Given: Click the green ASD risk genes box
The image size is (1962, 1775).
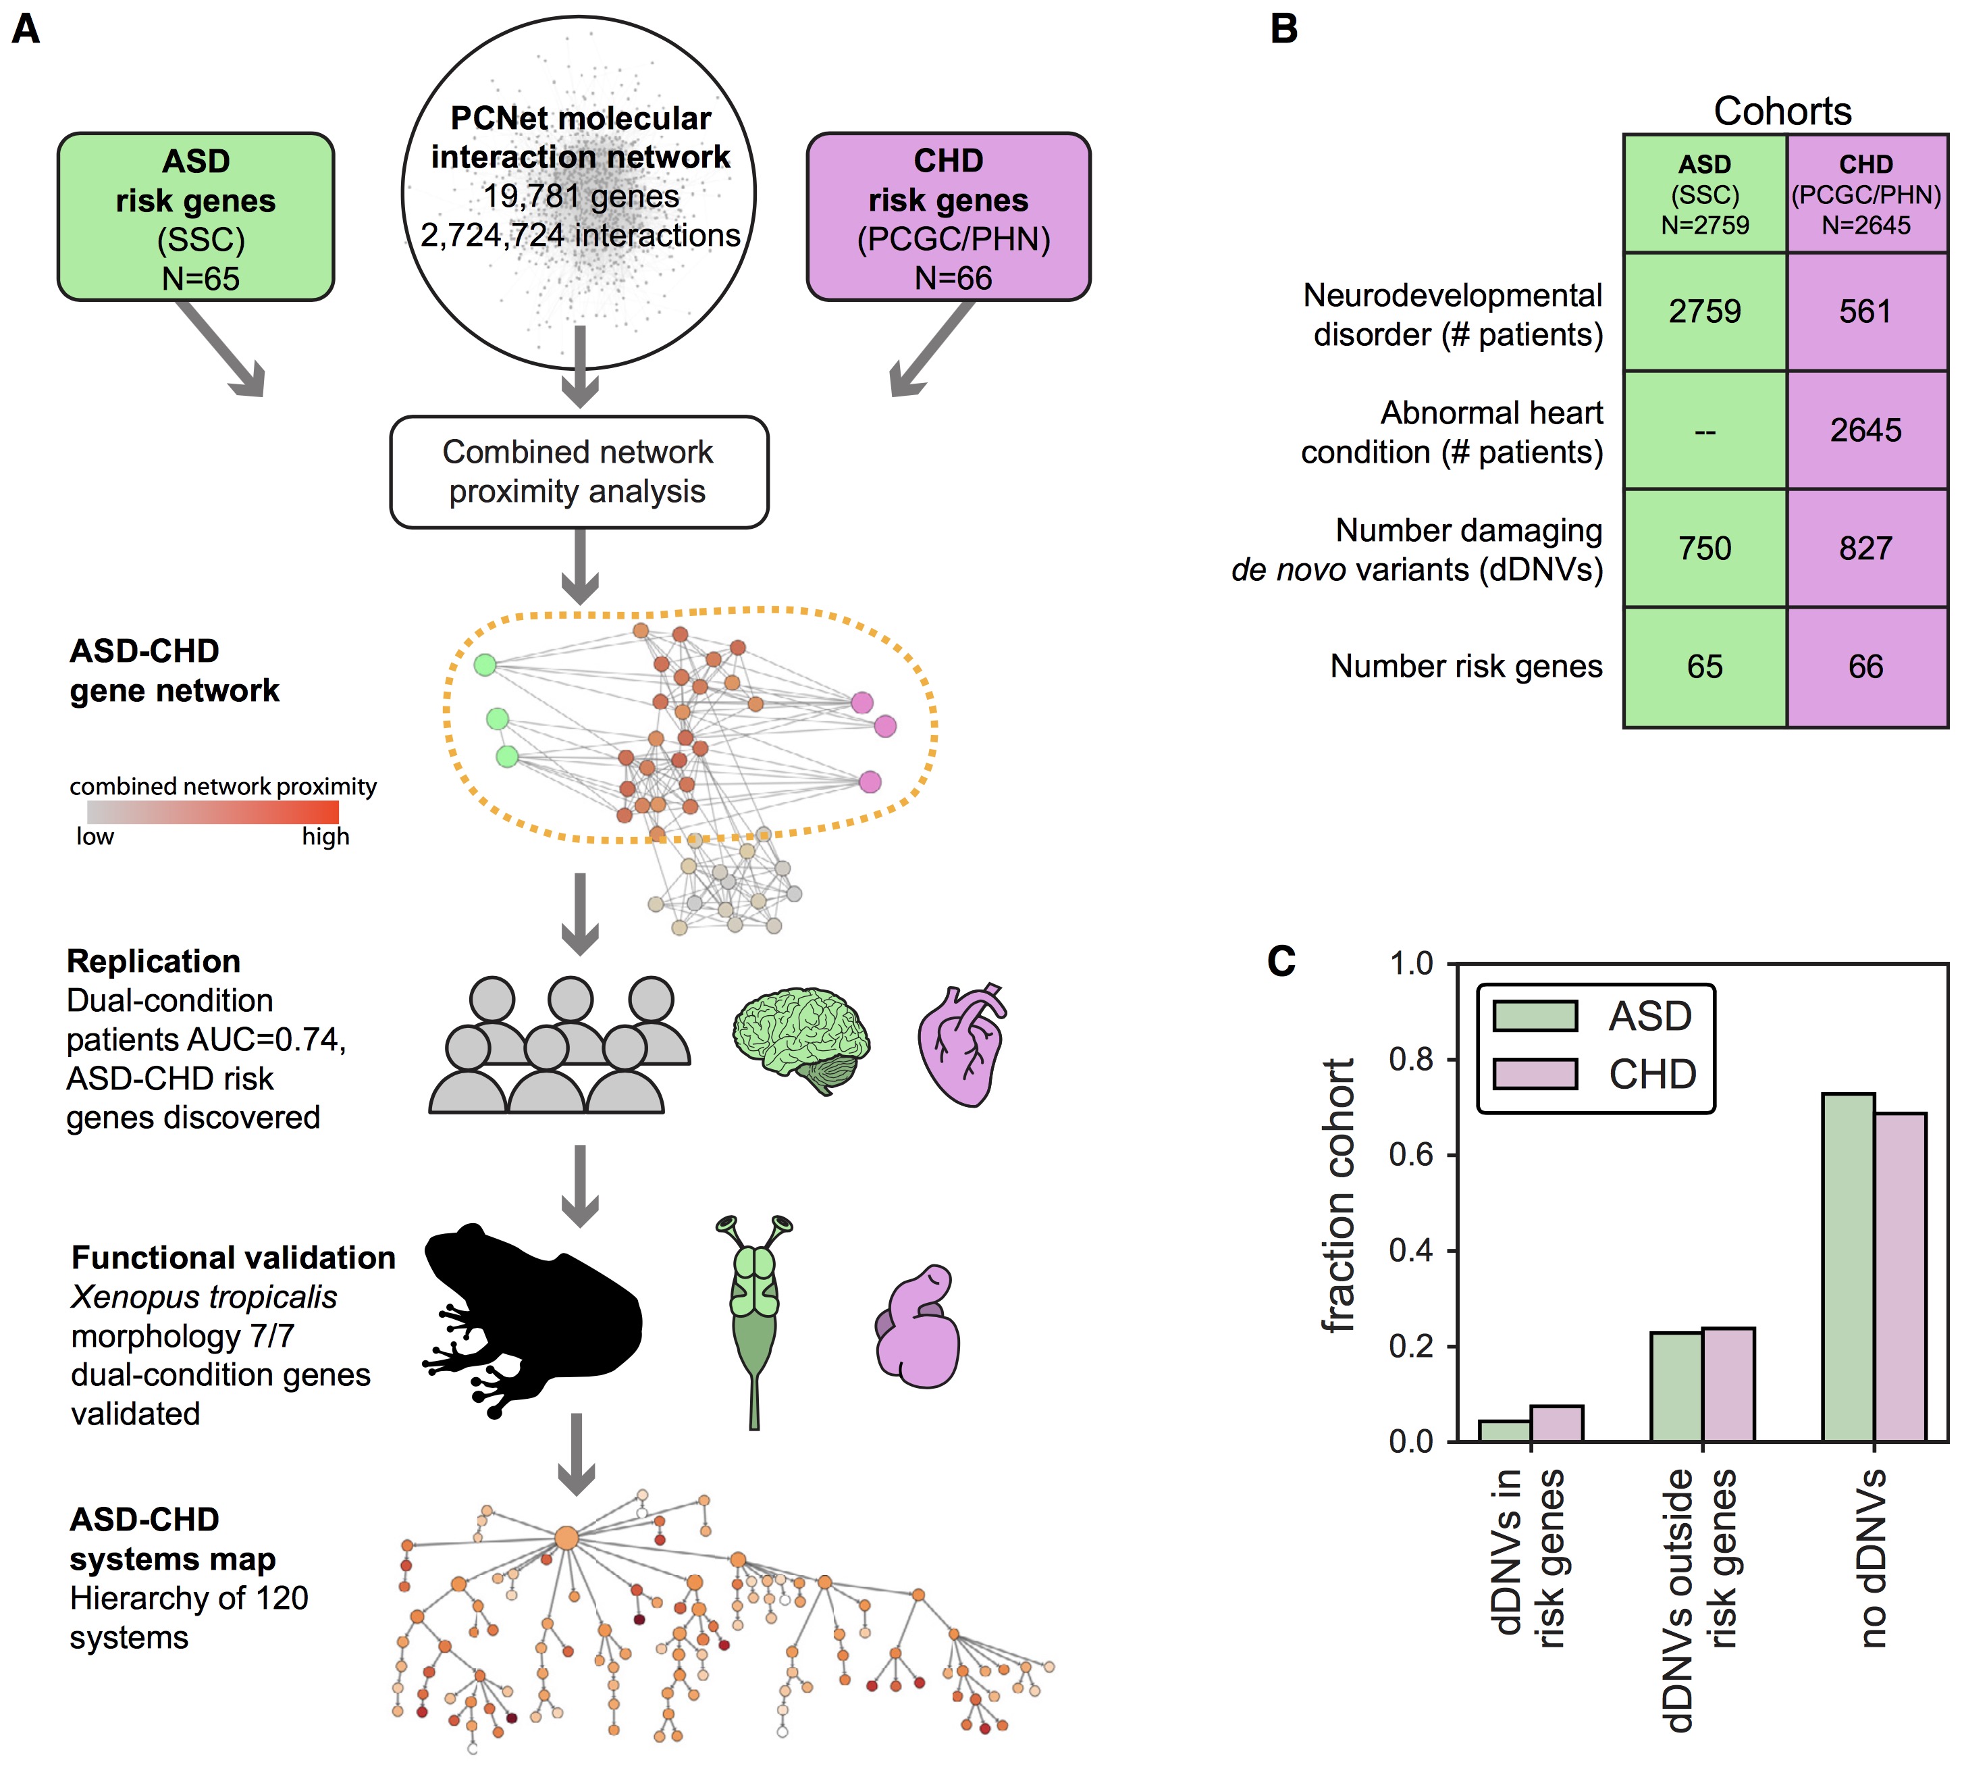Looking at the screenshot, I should [x=196, y=217].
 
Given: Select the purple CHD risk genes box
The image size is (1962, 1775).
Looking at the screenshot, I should [x=948, y=217].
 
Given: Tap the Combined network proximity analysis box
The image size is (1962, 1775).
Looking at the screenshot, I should [x=579, y=472].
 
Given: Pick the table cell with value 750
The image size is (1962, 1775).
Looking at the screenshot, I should [x=1704, y=548].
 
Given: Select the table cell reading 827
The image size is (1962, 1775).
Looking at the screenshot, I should [x=1865, y=548].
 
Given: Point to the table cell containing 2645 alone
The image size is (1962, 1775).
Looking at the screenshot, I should [x=1865, y=430].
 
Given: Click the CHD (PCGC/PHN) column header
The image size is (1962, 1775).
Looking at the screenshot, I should [x=1865, y=195].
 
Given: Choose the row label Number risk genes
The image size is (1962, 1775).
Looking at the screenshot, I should [x=1466, y=666].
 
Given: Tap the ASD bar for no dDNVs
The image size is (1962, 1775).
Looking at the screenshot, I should [x=1848, y=1266].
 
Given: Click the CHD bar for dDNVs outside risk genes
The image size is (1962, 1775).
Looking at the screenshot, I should [x=1728, y=1383].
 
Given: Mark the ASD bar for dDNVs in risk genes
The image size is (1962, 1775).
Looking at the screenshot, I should [x=1505, y=1431].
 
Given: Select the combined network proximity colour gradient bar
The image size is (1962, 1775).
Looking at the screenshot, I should [x=212, y=812].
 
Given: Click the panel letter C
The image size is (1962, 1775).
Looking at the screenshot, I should [x=1281, y=961].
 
